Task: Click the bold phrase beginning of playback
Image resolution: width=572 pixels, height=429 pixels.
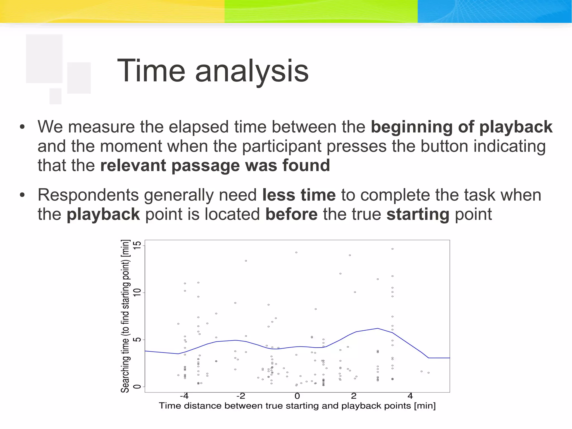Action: [x=461, y=127]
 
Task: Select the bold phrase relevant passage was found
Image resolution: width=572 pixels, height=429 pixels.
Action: [x=215, y=165]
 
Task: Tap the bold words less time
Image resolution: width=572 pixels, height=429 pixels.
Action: [x=299, y=195]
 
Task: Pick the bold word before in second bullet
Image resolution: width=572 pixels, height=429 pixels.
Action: [x=291, y=214]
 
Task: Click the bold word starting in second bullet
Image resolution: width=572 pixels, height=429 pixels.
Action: [x=418, y=214]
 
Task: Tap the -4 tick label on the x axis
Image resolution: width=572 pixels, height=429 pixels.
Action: [x=184, y=396]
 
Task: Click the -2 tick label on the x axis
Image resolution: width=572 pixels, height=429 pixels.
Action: [x=240, y=396]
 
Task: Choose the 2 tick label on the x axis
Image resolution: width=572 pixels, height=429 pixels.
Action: [x=354, y=396]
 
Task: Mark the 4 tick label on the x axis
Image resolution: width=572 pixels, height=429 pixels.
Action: [x=410, y=396]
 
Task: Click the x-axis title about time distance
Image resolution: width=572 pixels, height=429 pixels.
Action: [x=297, y=406]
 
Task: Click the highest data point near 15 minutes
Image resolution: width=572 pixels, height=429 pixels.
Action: [x=392, y=249]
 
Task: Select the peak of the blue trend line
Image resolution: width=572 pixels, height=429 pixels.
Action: [x=378, y=328]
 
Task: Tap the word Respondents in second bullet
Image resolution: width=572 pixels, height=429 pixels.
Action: [x=88, y=195]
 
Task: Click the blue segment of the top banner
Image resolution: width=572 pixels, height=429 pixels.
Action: [x=494, y=11]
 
